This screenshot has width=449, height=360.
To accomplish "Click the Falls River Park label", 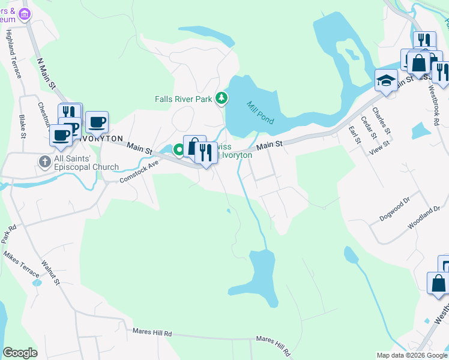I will (183, 99).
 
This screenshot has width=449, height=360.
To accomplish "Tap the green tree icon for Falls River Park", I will (221, 98).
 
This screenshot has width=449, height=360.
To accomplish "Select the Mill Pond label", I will (261, 112).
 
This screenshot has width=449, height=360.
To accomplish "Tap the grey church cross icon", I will (44, 161).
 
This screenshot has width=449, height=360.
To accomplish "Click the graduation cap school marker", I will (386, 79).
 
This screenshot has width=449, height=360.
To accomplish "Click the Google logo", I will (20, 353).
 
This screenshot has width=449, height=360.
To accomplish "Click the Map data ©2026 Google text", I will (411, 355).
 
